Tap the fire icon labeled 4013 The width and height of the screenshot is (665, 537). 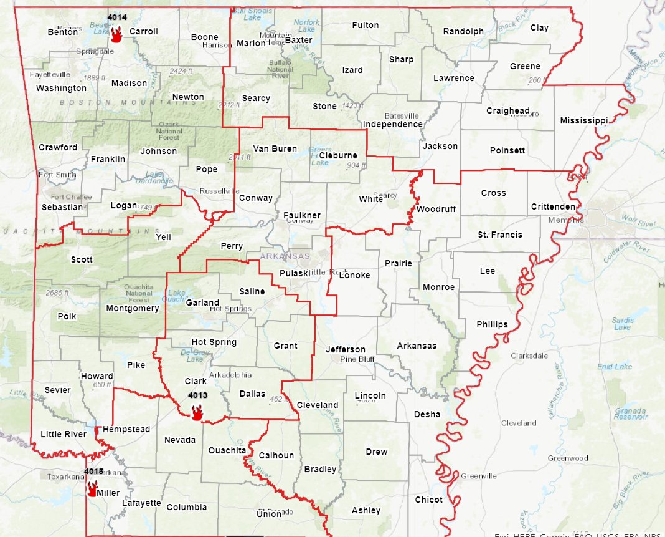pos(197,412)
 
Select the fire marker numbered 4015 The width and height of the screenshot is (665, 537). pos(93,488)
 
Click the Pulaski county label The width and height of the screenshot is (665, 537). pos(295,274)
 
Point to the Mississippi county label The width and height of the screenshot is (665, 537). pos(583,120)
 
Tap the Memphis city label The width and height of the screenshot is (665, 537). pos(565,220)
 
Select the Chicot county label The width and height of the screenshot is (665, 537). pos(428,500)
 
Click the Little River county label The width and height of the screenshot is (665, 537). pos(63,434)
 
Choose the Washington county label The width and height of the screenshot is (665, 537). pos(61,88)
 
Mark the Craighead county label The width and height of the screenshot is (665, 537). pos(507,110)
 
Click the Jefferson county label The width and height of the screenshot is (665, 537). pos(346,349)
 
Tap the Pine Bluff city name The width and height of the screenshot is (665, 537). pos(357,359)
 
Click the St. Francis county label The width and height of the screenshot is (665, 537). pos(500,235)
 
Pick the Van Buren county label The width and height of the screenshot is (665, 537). pos(275,148)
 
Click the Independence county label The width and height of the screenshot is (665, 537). pos(394,124)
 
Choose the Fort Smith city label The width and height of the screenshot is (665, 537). pos(57,175)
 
